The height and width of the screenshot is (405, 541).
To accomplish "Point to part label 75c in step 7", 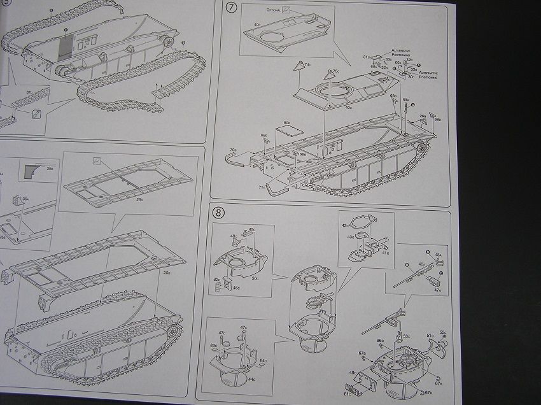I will coord(337,71).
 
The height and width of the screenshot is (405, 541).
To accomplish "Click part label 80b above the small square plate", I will coord(287,122).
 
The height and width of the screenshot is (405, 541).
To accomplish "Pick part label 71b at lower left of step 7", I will coord(261,188).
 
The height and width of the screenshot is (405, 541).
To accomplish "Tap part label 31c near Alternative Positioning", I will coord(367,57).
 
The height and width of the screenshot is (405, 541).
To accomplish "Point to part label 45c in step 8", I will coord(252,230).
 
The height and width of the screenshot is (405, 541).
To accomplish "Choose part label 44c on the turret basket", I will coord(251,380).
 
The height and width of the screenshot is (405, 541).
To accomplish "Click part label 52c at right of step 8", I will coord(442,332).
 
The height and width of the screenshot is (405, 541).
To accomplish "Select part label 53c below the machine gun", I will coord(406,336).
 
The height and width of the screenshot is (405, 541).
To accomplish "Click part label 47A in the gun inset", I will coord(438,289).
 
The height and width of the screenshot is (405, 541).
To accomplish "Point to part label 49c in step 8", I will coord(352,373).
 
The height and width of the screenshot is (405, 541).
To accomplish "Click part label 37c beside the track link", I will coord(29,92).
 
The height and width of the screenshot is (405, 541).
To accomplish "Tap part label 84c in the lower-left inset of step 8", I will coord(262,361).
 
